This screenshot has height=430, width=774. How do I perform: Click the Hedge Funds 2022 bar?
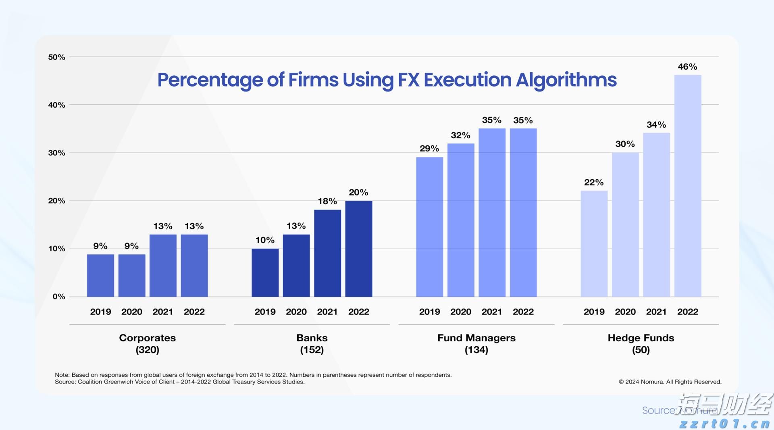point(687,185)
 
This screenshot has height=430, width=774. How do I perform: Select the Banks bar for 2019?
point(265,272)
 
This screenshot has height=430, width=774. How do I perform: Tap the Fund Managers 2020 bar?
point(460,220)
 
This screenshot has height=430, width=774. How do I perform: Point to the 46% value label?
point(687,66)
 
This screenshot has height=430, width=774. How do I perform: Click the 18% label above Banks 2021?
point(327,201)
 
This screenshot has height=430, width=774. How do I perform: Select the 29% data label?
point(429,148)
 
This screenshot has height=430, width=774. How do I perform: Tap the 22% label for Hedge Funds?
point(593,182)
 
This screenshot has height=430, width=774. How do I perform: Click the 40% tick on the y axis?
point(56,105)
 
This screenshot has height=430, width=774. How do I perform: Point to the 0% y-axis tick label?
point(58,297)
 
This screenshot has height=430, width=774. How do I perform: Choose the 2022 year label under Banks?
point(358,312)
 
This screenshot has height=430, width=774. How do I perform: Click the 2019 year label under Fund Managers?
point(429,312)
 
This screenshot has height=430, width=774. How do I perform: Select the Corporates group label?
point(147,338)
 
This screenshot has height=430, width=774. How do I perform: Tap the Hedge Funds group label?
point(641,338)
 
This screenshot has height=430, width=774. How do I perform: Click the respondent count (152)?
point(312,350)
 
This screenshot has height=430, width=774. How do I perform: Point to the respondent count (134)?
point(476,350)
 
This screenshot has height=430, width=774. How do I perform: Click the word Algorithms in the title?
point(566,80)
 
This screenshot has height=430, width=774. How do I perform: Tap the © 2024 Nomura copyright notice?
point(670,382)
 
